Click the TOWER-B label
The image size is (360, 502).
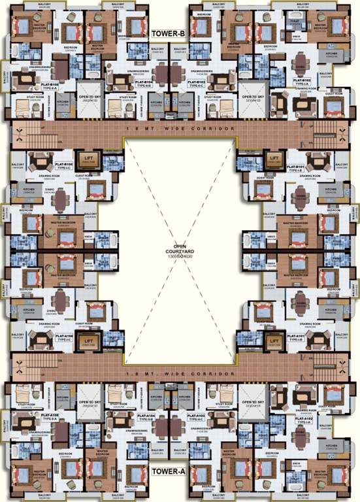[168, 34]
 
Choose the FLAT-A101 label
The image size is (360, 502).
[297, 336]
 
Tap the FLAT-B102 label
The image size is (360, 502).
[302, 82]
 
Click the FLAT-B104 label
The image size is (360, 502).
[144, 83]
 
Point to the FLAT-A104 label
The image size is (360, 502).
[145, 416]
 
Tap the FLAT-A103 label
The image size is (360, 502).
[196, 416]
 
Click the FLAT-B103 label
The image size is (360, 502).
[197, 83]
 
